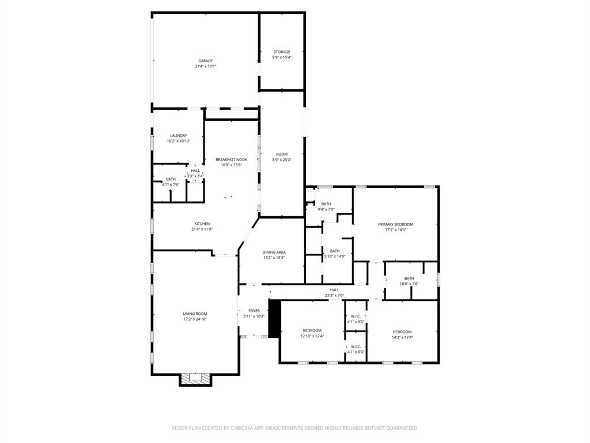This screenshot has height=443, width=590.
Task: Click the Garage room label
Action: (206, 61)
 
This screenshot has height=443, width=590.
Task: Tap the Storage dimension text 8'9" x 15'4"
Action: (282, 58)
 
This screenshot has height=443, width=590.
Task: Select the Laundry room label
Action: (178, 136)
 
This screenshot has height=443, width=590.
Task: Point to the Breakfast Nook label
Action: (231, 159)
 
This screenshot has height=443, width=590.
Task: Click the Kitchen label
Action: (202, 224)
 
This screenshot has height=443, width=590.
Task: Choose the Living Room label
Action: (195, 314)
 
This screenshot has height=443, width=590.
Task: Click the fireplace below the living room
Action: (195, 379)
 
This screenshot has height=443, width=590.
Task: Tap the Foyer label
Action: (254, 310)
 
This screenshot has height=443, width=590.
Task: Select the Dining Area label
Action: (274, 252)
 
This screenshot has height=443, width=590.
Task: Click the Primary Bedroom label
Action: (395, 224)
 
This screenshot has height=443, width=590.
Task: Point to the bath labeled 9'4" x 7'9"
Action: (326, 204)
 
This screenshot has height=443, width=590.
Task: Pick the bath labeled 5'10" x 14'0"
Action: (335, 251)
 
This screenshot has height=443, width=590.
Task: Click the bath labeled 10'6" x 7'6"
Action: (409, 279)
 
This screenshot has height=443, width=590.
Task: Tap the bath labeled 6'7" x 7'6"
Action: (171, 179)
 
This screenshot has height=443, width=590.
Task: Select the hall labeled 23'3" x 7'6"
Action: (334, 290)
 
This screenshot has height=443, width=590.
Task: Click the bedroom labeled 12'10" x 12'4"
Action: (312, 331)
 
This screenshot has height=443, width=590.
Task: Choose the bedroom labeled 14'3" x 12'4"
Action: (402, 332)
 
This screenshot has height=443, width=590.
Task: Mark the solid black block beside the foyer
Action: (274, 318)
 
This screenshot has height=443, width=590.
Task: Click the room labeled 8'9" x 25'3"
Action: (282, 155)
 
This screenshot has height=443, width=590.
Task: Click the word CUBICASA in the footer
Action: (244, 428)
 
